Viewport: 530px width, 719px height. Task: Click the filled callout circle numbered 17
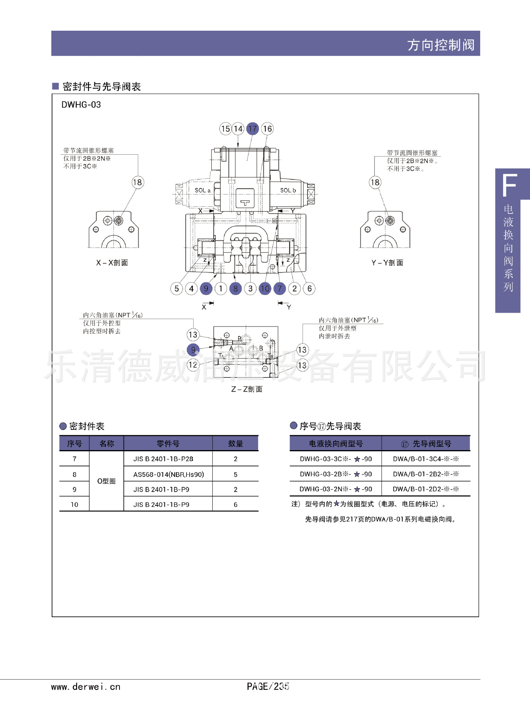[253, 129]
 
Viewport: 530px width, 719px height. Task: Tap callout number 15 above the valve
[225, 129]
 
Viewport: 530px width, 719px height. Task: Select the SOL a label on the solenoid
[202, 190]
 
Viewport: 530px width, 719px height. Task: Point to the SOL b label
[288, 190]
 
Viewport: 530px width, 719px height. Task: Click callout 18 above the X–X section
[137, 182]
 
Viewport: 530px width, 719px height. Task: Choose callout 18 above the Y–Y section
[375, 182]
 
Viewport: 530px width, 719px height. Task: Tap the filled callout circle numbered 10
[265, 288]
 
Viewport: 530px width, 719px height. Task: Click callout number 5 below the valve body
[176, 288]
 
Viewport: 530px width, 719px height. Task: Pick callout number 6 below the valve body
[309, 288]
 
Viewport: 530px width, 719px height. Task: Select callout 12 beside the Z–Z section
[193, 365]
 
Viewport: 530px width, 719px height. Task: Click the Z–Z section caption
[247, 389]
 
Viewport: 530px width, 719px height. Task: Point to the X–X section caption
[112, 263]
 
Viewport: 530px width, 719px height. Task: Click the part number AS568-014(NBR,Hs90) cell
[169, 474]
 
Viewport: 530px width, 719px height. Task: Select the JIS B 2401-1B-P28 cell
[163, 459]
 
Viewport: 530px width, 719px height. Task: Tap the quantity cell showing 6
[236, 504]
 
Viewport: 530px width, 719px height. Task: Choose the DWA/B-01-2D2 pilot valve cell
[426, 489]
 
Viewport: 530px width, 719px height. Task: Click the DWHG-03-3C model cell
[336, 459]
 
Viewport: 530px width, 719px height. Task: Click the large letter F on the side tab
[509, 185]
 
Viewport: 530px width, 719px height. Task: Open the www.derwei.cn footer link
[86, 687]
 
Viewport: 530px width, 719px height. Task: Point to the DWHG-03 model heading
[81, 105]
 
